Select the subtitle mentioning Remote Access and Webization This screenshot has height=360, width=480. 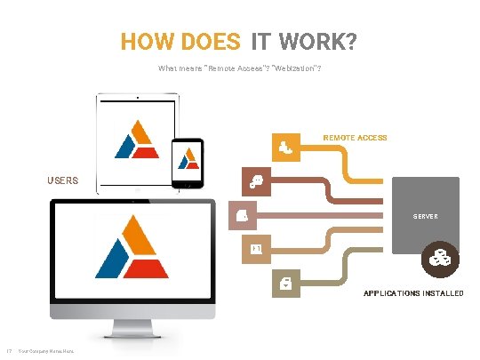click(x=239, y=68)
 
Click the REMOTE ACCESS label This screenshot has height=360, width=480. click(x=355, y=138)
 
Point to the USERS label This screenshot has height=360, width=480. click(x=62, y=180)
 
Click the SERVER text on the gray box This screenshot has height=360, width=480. click(x=426, y=216)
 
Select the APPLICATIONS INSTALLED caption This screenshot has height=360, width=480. click(x=412, y=292)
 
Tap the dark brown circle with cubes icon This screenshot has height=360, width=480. click(x=438, y=260)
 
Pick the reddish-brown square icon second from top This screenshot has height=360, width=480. click(x=256, y=181)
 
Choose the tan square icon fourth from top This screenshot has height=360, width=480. click(x=255, y=248)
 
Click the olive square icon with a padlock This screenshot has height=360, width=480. click(x=283, y=283)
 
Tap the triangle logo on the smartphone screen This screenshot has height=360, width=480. click(x=188, y=159)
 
